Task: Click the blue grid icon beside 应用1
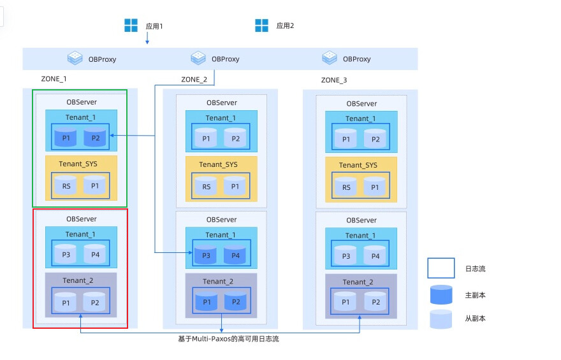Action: click(x=131, y=25)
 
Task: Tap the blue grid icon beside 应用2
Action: click(x=261, y=25)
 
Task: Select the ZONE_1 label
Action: click(x=54, y=79)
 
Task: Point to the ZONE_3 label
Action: click(x=334, y=80)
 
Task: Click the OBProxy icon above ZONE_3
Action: click(x=330, y=57)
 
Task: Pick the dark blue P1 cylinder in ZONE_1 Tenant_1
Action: click(x=66, y=138)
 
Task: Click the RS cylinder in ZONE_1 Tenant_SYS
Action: click(x=66, y=185)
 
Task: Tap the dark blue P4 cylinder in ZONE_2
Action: click(x=235, y=255)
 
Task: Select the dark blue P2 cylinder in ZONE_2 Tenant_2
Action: click(x=235, y=301)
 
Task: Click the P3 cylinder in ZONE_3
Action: click(x=346, y=256)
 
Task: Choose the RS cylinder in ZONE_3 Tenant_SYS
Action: click(x=346, y=187)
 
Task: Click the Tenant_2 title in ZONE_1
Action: click(x=78, y=280)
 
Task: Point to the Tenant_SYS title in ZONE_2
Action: click(x=218, y=164)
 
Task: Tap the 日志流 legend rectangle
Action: click(x=441, y=268)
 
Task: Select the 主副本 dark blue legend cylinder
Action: click(x=441, y=294)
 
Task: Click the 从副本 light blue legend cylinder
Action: click(x=441, y=319)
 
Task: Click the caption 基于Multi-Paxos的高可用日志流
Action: click(x=228, y=339)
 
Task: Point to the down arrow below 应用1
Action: click(x=147, y=38)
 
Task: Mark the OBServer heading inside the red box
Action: click(x=81, y=219)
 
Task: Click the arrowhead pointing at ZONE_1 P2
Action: click(x=112, y=136)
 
